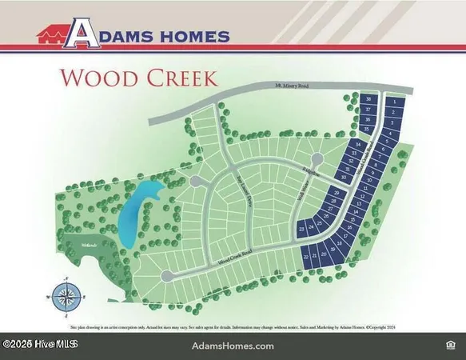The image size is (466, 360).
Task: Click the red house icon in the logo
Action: coord(52,34)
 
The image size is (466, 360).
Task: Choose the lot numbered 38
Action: coord(368,99)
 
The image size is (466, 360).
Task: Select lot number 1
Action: coord(395,102)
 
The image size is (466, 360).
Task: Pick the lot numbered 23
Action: coord(301,230)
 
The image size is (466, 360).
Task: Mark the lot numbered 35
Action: coord(367,129)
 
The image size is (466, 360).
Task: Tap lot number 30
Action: coord(344,176)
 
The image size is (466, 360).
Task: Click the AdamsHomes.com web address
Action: coord(233,346)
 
